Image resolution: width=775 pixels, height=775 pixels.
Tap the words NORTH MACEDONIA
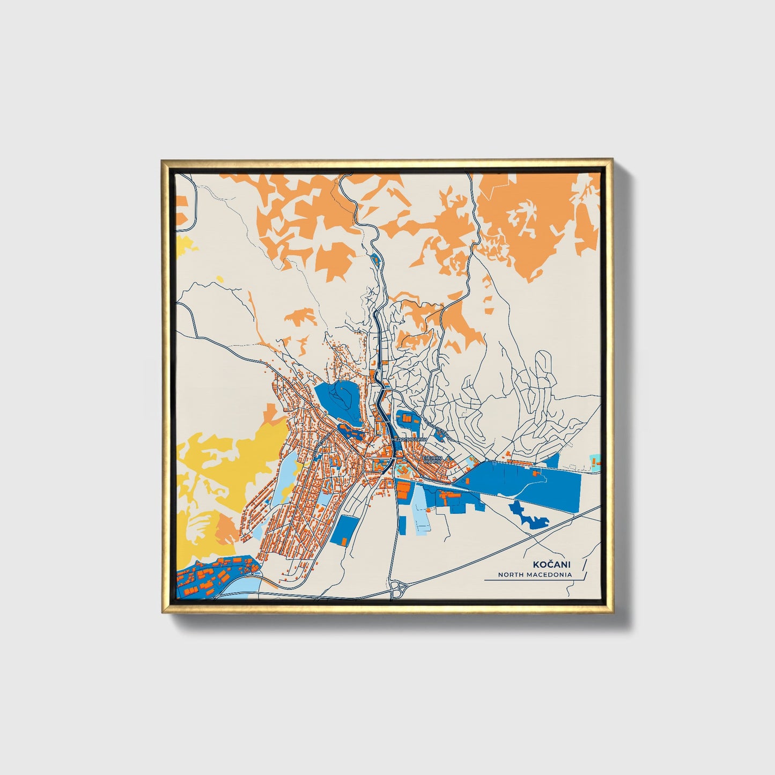click(x=534, y=574)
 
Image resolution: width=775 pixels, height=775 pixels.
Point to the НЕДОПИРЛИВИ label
click(x=409, y=439)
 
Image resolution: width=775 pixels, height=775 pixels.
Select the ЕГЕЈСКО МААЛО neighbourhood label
click(x=432, y=460)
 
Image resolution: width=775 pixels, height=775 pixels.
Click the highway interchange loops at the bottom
click(x=398, y=588)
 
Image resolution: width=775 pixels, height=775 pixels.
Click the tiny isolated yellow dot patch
click(x=220, y=278)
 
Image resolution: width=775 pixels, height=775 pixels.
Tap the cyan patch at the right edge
click(x=595, y=460)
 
